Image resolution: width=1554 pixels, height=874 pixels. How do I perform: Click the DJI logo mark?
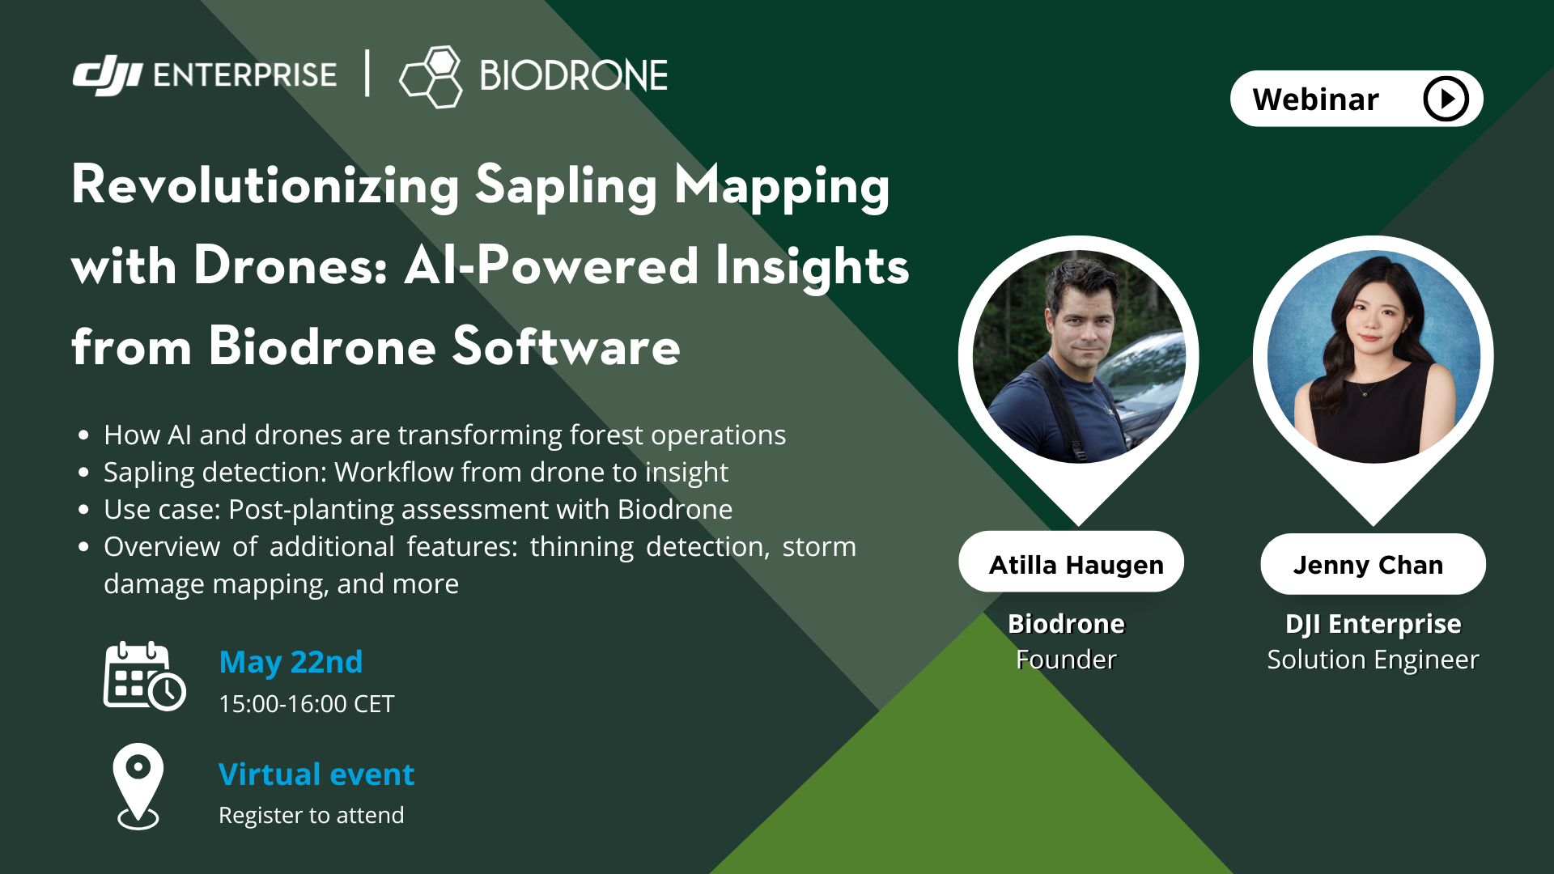107,75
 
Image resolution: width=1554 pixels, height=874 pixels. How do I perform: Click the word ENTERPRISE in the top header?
244,75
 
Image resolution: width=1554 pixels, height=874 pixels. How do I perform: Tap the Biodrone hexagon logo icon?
431,77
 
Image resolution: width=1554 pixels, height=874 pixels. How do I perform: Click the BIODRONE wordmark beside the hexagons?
573,76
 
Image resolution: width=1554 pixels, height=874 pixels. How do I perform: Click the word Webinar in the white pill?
1315,100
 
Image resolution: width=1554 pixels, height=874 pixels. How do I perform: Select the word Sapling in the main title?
566,186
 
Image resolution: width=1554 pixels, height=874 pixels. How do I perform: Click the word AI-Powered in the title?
551,265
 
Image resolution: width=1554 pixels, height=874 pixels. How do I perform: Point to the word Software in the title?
566,346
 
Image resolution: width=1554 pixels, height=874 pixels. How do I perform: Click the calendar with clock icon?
144,677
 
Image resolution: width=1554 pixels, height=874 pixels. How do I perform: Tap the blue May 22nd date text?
291,662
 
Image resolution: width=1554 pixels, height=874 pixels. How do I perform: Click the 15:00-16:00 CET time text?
306,704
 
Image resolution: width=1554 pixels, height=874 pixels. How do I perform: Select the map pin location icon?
138,786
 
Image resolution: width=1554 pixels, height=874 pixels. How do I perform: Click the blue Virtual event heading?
316,774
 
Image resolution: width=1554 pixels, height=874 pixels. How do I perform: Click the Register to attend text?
311,816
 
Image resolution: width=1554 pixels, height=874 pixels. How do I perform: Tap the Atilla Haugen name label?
1076,564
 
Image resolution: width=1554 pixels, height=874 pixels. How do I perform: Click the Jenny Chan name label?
1368,564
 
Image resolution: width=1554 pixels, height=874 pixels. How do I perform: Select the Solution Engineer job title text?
1373,660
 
